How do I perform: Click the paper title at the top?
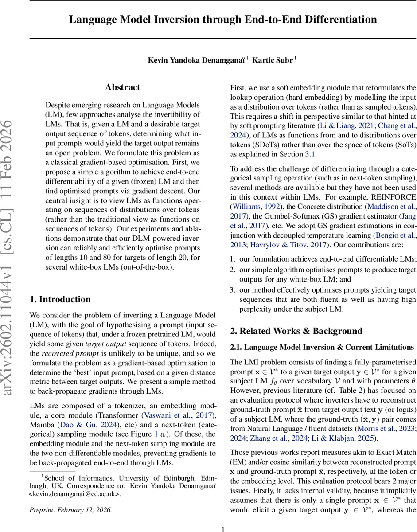click(x=223, y=20)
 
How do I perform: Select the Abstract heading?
click(x=122, y=87)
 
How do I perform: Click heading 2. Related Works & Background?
click(x=296, y=331)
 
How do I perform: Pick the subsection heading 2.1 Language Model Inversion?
click(x=322, y=347)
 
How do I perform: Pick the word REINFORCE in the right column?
click(x=394, y=197)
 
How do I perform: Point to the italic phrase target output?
click(x=105, y=344)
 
